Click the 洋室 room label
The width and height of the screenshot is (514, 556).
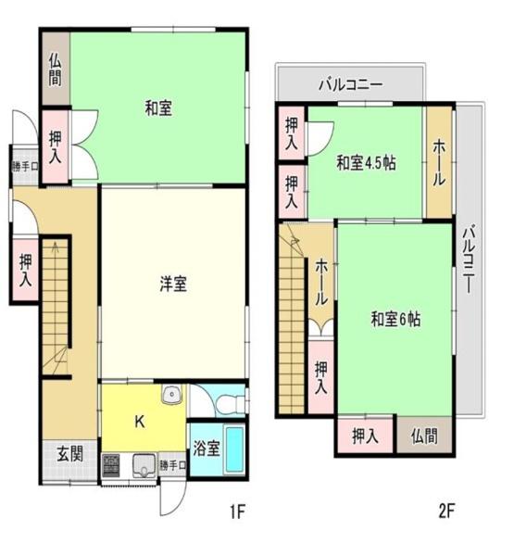[x=172, y=285]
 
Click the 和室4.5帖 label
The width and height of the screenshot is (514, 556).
[x=366, y=163]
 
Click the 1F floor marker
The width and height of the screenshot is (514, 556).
[x=239, y=511]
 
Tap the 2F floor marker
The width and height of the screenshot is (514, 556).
[x=448, y=511]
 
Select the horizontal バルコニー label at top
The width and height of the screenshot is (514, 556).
[x=350, y=84]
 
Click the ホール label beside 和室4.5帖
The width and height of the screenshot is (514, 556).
[x=439, y=163]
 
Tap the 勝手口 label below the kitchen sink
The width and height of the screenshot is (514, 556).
[x=171, y=465]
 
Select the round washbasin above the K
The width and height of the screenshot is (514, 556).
[x=171, y=397]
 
